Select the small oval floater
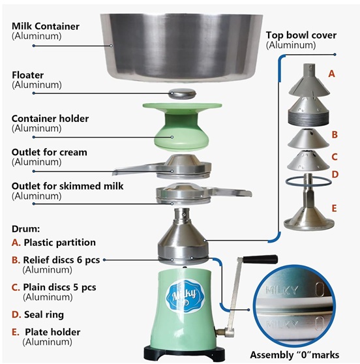(x=183, y=93)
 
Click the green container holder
(x=182, y=127)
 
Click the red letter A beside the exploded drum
(x=331, y=74)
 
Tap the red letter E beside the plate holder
(x=334, y=208)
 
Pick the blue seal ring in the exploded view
(x=308, y=181)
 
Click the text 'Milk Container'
(x=46, y=26)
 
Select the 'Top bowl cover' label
(x=301, y=35)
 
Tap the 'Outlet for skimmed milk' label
(x=67, y=186)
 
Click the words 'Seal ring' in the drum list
(x=44, y=314)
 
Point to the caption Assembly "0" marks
(x=295, y=355)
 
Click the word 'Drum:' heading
(x=26, y=229)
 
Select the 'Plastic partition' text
(x=59, y=243)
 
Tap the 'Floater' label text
(x=27, y=75)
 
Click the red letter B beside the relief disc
(x=335, y=134)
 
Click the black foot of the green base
(x=185, y=354)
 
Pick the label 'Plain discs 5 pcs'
(x=59, y=288)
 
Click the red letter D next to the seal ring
(x=335, y=174)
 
